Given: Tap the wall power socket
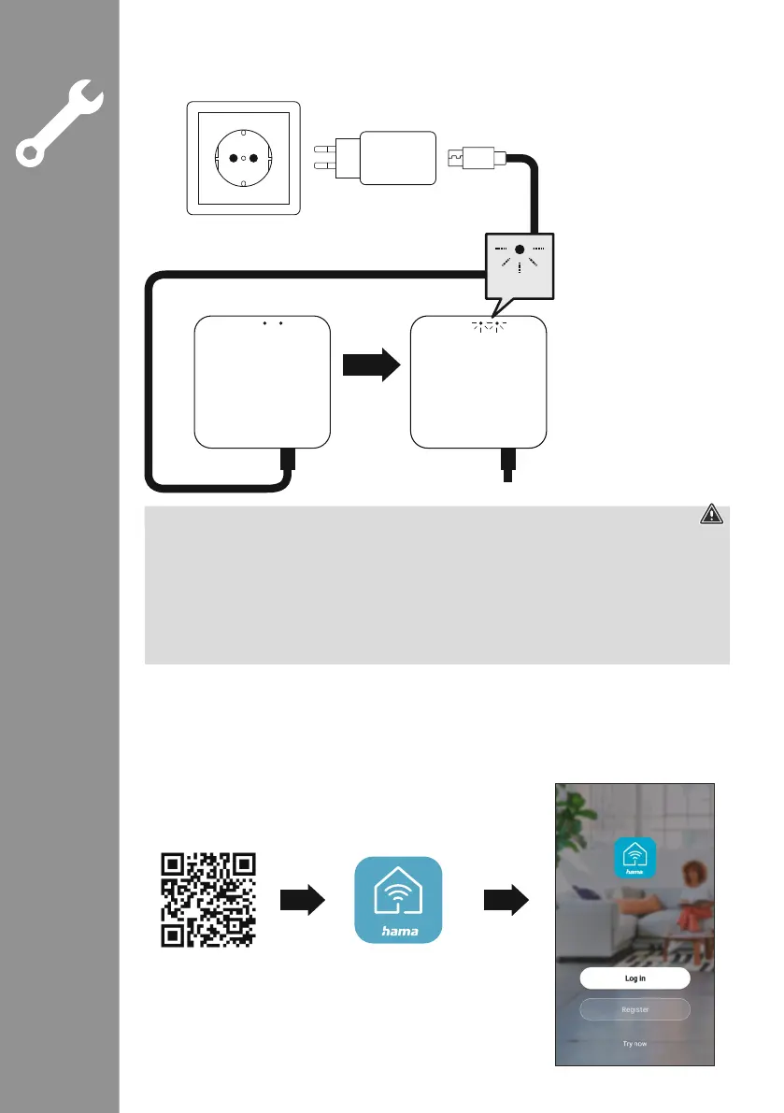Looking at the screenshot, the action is pos(243,159).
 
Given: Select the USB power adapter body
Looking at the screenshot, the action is pos(397,159).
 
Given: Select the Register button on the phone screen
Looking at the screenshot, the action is pos(634,1009).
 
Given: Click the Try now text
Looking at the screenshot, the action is pos(634,1043).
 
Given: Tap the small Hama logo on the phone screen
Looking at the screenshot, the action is pos(634,859).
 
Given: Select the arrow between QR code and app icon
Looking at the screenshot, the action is pos(303,900).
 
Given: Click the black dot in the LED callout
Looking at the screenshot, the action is pos(519,250).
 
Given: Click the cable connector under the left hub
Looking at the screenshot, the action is pos(289,459).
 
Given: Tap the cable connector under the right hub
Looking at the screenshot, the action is pos(507,462).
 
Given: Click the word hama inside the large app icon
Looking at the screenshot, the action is pos(398,930).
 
